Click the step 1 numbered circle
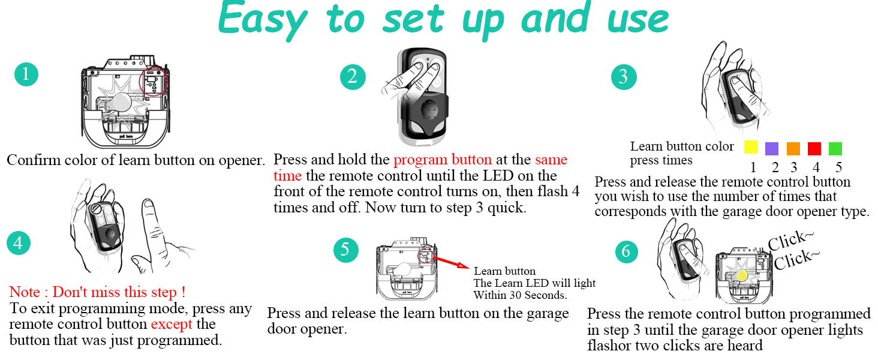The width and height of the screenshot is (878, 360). (26, 74)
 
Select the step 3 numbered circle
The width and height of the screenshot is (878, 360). (624, 77)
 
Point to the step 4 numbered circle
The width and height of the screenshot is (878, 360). (19, 243)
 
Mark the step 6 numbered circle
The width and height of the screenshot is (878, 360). (627, 251)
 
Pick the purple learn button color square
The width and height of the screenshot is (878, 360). (772, 148)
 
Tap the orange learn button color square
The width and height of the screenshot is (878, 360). (793, 148)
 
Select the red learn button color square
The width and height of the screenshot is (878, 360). (814, 148)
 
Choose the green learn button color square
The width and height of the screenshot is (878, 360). (835, 148)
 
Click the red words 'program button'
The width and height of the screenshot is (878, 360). (443, 160)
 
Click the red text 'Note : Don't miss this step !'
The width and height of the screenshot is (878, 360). (97, 293)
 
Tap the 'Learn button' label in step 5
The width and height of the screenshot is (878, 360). (504, 271)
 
